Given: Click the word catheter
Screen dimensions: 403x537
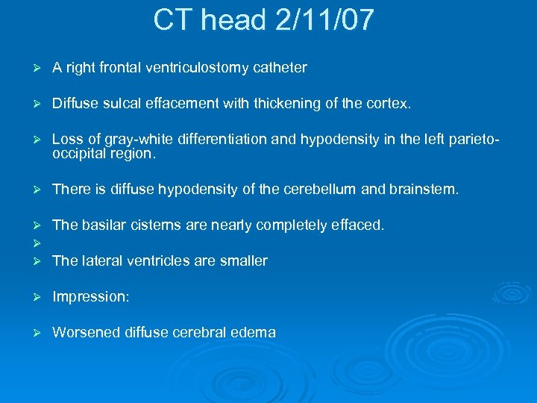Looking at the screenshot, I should [x=280, y=68].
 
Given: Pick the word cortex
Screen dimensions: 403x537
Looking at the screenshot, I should [x=389, y=104].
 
